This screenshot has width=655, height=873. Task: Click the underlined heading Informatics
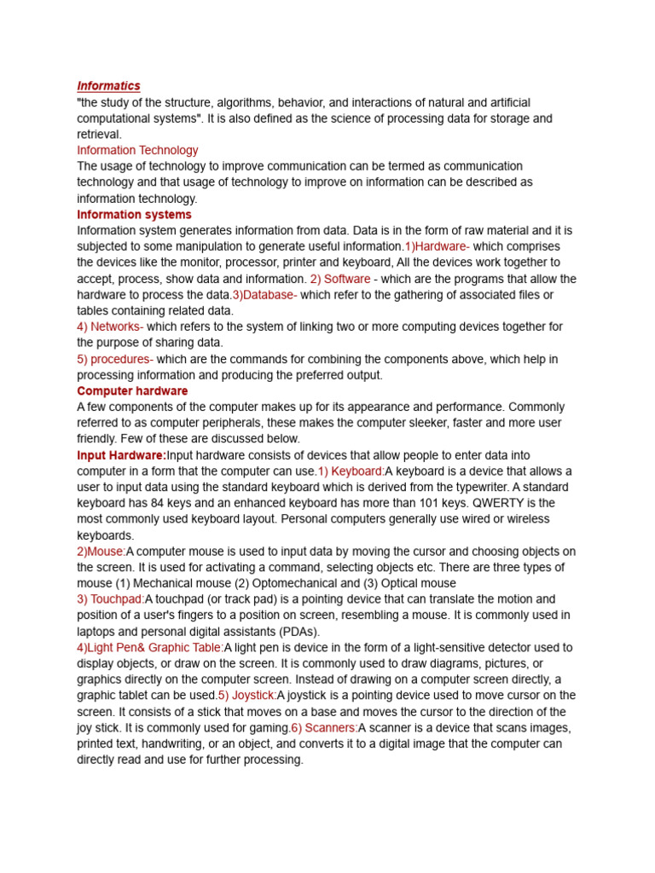pyautogui.click(x=108, y=86)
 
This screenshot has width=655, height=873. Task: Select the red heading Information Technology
pyautogui.click(x=137, y=150)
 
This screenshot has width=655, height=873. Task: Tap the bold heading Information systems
pyautogui.click(x=134, y=215)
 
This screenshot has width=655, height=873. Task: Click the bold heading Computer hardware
pyautogui.click(x=132, y=391)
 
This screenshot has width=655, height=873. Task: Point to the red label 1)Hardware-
pyautogui.click(x=437, y=246)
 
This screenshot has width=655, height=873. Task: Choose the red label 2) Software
pyautogui.click(x=340, y=279)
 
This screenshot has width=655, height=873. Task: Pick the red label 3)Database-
pyautogui.click(x=264, y=295)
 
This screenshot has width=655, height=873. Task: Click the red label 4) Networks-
pyautogui.click(x=110, y=327)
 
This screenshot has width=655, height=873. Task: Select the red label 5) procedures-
pyautogui.click(x=115, y=359)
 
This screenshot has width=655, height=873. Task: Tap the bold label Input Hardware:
pyautogui.click(x=121, y=455)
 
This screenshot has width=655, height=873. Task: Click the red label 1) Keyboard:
pyautogui.click(x=351, y=471)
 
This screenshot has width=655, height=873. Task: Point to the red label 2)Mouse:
pyautogui.click(x=101, y=552)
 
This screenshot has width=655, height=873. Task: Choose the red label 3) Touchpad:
pyautogui.click(x=110, y=599)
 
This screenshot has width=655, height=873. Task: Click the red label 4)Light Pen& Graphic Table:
pyautogui.click(x=150, y=648)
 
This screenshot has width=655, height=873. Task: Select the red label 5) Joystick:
pyautogui.click(x=247, y=696)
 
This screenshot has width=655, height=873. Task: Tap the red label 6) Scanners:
pyautogui.click(x=324, y=728)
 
